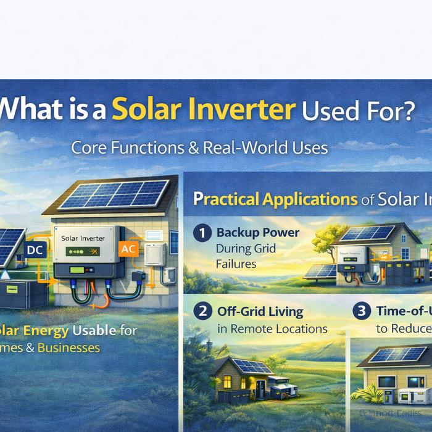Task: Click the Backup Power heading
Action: (257, 233)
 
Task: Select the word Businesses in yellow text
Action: (69, 347)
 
